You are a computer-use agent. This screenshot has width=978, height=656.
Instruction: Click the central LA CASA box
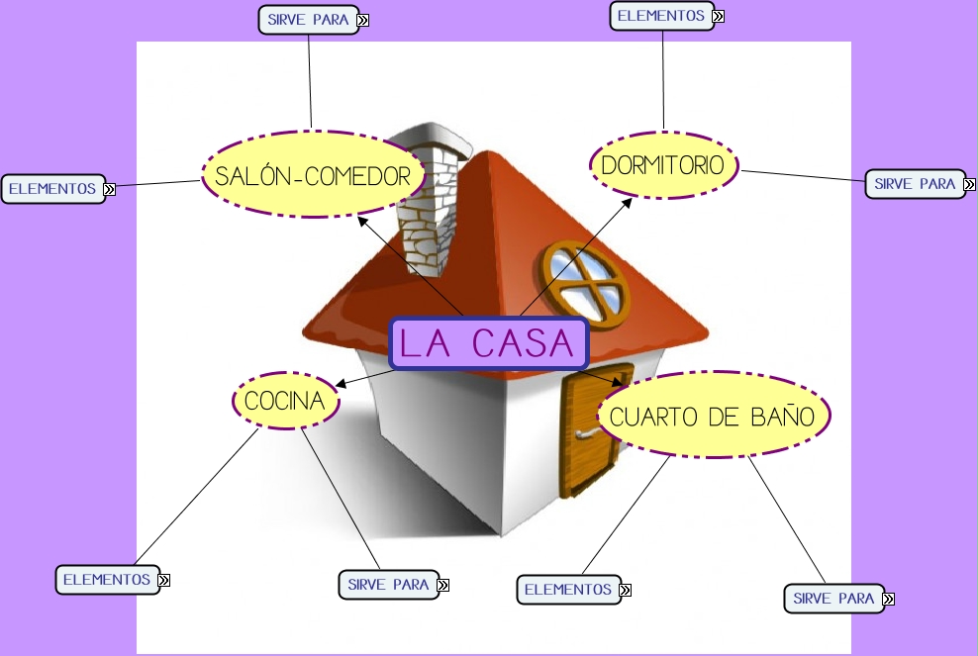coord(489,343)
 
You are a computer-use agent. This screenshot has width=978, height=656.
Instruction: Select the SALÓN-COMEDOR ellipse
coord(312,176)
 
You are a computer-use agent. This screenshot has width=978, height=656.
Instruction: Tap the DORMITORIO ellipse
coord(663,164)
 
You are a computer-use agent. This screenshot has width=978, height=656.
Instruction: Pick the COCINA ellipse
coord(285,401)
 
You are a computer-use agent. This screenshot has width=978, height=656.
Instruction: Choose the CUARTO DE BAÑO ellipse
coord(712,416)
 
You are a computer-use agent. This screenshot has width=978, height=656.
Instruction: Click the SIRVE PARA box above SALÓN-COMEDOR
coord(308,20)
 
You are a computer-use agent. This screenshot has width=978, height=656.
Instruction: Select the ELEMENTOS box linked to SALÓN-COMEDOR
coord(52,188)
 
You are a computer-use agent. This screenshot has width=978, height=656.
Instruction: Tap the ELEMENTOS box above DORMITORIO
coord(661,16)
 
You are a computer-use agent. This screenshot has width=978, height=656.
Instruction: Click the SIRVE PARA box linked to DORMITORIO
coord(915,184)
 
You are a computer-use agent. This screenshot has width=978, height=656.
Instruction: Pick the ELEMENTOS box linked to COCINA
coord(107,580)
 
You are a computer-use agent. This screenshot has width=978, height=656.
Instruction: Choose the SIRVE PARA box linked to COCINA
coord(388,585)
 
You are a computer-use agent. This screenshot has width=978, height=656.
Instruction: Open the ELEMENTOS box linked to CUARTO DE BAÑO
coord(568,590)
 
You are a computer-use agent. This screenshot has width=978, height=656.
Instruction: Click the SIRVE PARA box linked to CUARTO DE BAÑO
coord(833,599)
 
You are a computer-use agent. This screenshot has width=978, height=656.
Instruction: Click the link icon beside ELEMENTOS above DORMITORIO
coord(718,16)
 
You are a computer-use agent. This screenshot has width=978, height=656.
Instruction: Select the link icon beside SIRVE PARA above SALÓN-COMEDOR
coord(363,20)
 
